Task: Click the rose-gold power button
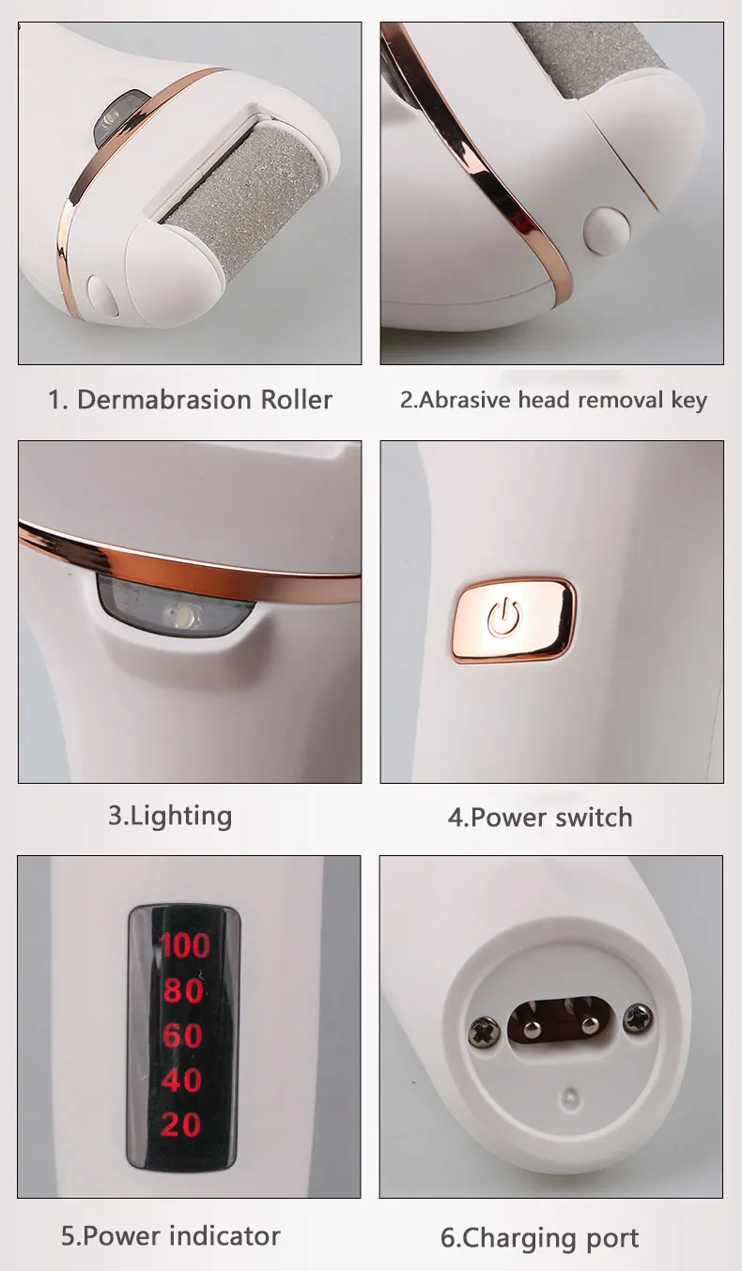click(x=514, y=619)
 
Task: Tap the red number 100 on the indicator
click(x=184, y=944)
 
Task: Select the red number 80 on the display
click(x=184, y=990)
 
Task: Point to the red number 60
click(x=182, y=1035)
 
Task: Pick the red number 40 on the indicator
click(x=182, y=1080)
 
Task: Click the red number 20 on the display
click(x=181, y=1124)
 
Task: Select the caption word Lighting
click(x=181, y=815)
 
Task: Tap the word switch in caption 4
click(x=594, y=818)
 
